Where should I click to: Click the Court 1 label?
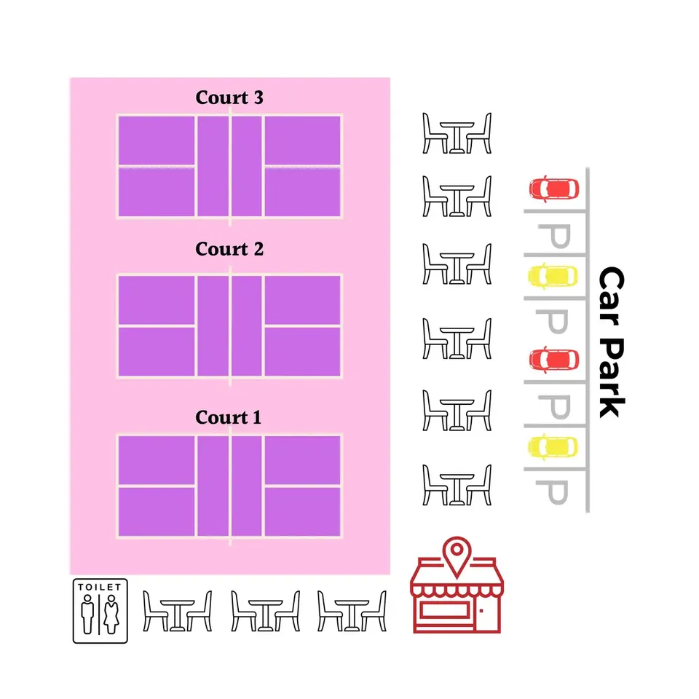pos(228,418)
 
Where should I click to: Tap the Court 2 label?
pos(229,249)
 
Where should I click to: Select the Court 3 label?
pos(229,98)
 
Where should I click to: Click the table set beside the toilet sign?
pos(178,610)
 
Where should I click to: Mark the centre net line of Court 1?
pos(230,485)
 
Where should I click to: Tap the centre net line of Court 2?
pos(230,325)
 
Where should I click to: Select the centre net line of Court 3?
pos(230,167)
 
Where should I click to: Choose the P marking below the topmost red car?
pos(553,237)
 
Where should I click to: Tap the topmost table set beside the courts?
pos(457,133)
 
